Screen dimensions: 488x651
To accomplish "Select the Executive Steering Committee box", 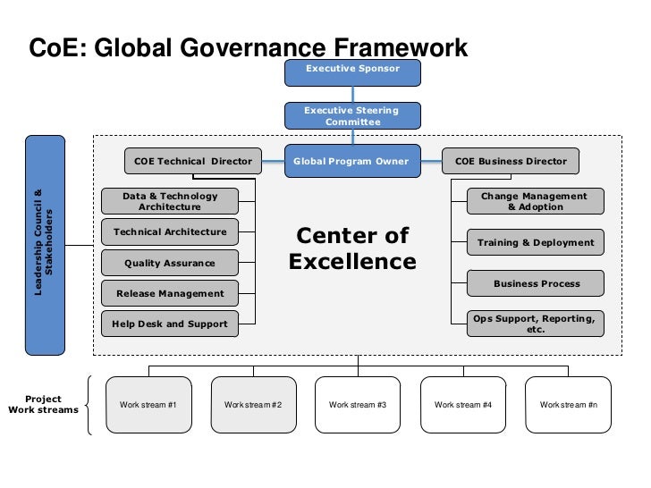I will pos(351,116).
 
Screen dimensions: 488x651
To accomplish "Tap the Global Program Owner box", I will pos(351,162).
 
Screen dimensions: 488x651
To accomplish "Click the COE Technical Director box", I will pos(193,162).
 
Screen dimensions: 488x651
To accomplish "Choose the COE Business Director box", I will pos(511,162).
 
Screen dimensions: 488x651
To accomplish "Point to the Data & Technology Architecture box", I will pos(170,202).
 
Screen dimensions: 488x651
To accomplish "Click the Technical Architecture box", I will pos(170,232).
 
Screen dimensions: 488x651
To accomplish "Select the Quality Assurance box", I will pos(170,264).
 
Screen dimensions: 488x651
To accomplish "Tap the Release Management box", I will pos(170,293).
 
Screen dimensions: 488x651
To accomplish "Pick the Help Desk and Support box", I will pos(170,324).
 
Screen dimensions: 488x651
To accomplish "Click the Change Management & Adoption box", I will pos(535,202).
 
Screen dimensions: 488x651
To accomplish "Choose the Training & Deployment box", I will pos(535,242).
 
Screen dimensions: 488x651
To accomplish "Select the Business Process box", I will pos(535,284).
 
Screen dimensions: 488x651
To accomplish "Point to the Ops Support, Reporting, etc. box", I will pos(535,324).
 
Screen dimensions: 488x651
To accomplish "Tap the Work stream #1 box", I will pos(148,405).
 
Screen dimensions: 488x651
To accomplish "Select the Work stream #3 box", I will pos(358,405).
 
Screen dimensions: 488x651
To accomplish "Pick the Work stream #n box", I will pos(568,405).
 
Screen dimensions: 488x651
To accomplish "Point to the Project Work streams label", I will pos(43,405).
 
